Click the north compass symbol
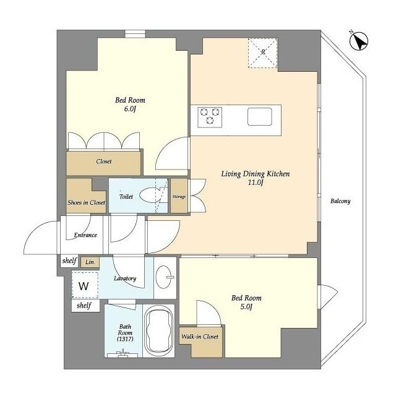pos(358,41)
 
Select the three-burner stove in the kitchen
pos(210,116)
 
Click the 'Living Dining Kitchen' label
pos(256,178)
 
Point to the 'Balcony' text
pos(340,201)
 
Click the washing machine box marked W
pos(83,286)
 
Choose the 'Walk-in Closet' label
pos(199,337)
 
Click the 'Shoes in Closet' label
pos(86,202)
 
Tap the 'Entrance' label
pos(85,235)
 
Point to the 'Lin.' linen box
pos(90,262)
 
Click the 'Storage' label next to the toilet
pos(179,197)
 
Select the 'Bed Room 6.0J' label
pos(129,105)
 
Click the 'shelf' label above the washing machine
pos(68,261)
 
